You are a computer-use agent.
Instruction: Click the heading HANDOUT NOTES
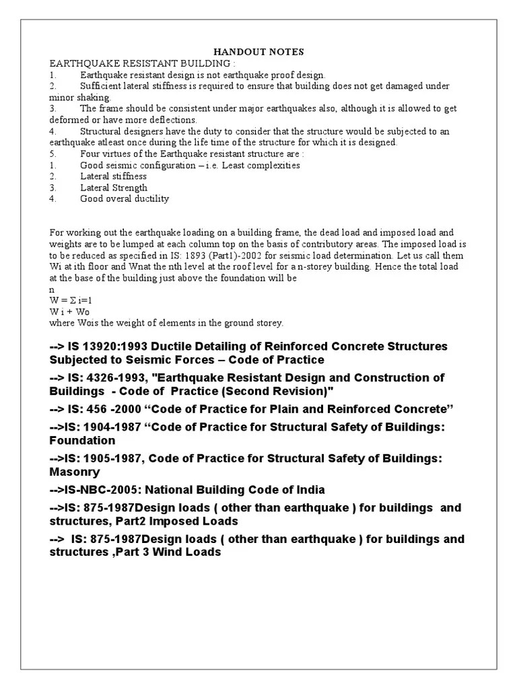tap(258, 52)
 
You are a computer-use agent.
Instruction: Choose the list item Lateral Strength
tap(114, 188)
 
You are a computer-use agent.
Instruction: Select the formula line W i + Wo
tap(69, 312)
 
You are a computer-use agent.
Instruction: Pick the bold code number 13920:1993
tap(110, 347)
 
